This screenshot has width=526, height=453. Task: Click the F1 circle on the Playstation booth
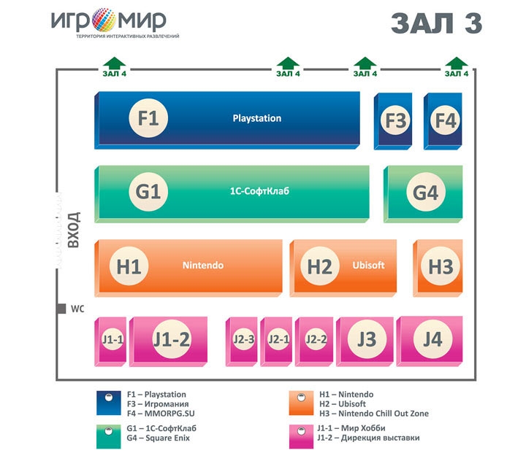148,118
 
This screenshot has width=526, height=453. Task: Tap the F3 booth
393,121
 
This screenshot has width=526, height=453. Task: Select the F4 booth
443,121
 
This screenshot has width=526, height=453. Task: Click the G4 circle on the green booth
426,192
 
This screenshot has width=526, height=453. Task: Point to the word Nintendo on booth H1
203,266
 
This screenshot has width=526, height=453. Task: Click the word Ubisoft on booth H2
368,265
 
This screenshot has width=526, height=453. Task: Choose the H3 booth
438,268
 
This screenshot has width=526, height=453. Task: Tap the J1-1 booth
111,341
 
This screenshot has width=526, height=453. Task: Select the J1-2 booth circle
172,339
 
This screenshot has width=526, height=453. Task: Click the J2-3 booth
242,341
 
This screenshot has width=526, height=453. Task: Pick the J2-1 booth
276,341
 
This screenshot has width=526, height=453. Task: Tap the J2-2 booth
314,341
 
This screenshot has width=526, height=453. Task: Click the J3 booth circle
367,339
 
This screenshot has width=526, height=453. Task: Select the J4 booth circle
432,339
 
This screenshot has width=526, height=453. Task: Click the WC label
77,309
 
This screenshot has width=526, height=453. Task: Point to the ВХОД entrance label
74,230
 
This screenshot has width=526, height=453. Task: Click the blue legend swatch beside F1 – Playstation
109,403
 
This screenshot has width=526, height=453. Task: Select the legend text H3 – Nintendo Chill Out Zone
374,414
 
